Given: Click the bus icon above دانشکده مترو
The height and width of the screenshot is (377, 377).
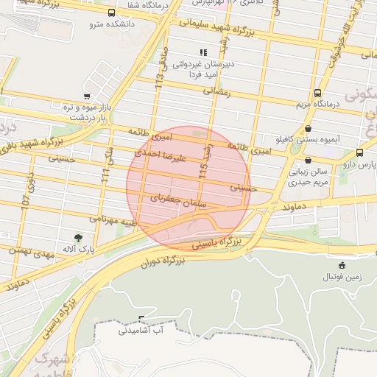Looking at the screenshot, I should [x=111, y=13].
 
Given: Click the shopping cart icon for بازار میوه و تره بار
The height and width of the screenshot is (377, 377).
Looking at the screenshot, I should [x=87, y=96].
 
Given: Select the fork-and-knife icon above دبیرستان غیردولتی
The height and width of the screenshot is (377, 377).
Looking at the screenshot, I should [x=203, y=52].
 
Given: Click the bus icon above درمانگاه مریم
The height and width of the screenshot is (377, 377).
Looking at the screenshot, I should [x=317, y=93].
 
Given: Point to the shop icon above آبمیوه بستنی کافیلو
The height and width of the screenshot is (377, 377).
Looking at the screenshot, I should [x=307, y=128].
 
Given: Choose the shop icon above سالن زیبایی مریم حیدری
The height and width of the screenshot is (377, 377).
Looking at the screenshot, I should [x=307, y=160].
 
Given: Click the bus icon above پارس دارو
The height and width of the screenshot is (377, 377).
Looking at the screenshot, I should [x=359, y=152].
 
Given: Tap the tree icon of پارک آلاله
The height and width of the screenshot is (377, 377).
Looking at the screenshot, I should [x=78, y=237].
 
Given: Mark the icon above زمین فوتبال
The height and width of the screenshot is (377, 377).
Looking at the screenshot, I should [x=341, y=265].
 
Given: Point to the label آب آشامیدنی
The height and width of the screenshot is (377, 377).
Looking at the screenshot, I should [x=144, y=331].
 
